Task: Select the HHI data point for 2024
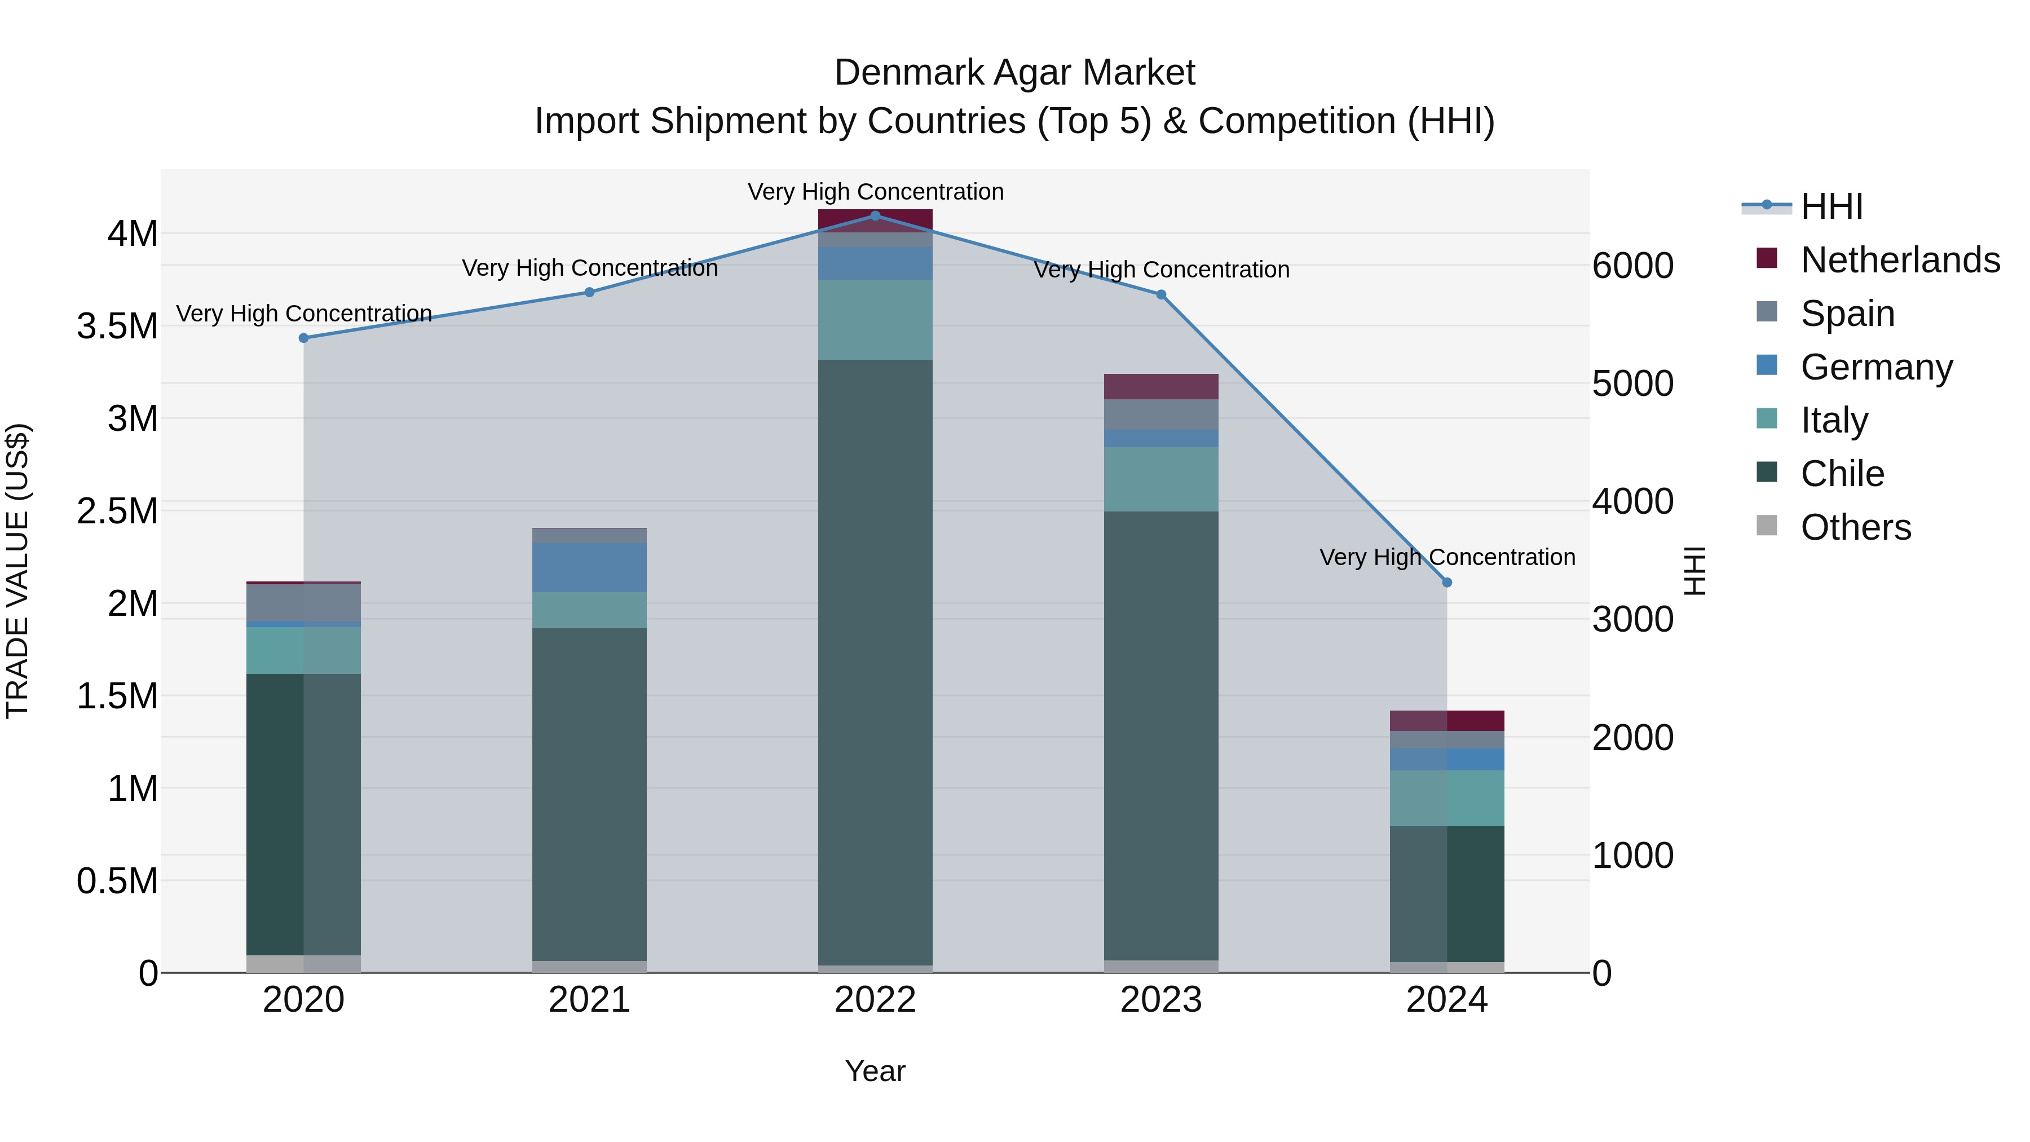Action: point(1447,583)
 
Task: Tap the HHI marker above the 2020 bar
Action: point(303,338)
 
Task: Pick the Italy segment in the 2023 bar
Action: point(1161,479)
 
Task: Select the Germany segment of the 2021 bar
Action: point(589,567)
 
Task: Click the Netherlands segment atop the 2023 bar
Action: point(1161,386)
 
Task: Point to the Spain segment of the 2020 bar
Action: point(303,603)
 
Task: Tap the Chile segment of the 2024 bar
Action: point(1447,894)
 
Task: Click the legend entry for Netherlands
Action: point(1900,260)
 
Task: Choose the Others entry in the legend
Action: point(1856,527)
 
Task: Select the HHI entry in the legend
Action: point(1832,206)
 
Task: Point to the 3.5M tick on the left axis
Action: point(117,327)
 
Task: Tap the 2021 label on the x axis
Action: point(589,1000)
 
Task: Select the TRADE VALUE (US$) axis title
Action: point(17,571)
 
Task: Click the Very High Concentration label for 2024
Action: point(1447,557)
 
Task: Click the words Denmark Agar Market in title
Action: point(1014,73)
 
